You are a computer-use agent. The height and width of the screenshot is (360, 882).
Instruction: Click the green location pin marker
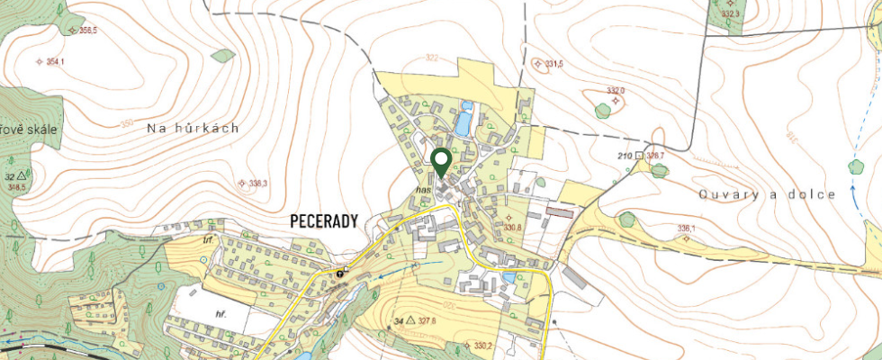441,162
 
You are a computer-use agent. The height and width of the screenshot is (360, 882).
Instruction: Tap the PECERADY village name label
325,220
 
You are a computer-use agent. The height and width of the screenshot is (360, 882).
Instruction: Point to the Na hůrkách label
193,129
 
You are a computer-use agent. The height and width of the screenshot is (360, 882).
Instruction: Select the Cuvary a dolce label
768,194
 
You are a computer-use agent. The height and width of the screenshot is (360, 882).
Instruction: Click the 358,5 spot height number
88,31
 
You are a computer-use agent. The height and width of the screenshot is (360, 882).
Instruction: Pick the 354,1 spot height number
56,62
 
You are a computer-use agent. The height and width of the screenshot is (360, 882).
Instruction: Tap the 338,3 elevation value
258,184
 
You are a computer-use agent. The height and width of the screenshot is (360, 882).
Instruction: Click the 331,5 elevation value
554,64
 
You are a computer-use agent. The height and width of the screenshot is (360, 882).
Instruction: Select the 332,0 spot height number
616,91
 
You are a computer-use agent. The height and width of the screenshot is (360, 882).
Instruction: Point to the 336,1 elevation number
687,229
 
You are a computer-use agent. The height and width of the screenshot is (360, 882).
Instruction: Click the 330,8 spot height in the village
513,228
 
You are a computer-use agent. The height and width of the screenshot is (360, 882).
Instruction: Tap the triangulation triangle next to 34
410,320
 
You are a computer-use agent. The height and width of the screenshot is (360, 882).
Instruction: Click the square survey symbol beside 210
639,156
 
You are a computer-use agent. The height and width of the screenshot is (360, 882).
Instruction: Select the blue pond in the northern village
463,121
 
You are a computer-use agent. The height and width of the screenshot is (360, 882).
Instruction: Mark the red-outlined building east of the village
559,213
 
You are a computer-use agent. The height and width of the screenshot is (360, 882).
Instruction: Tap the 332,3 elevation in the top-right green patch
730,14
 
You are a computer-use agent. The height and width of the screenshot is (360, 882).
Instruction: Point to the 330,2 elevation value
484,346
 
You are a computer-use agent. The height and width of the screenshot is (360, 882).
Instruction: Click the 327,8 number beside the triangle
427,320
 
